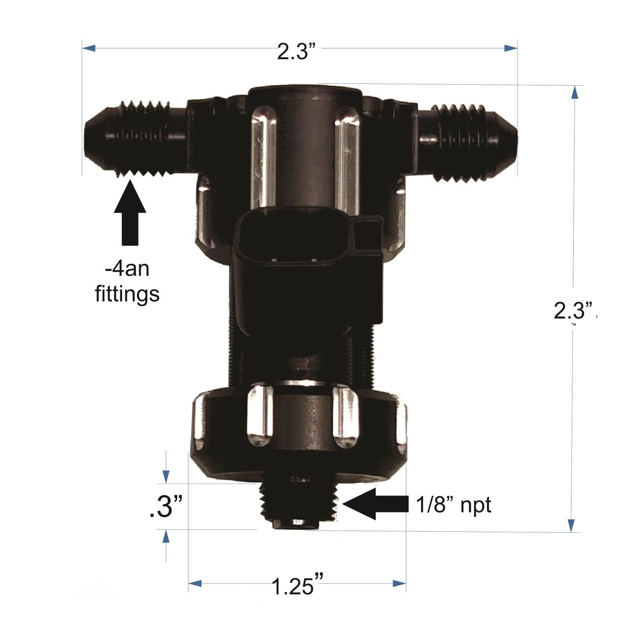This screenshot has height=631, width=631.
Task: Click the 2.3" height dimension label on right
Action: tap(573, 311)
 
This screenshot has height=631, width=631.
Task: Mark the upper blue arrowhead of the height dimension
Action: tap(574, 94)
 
